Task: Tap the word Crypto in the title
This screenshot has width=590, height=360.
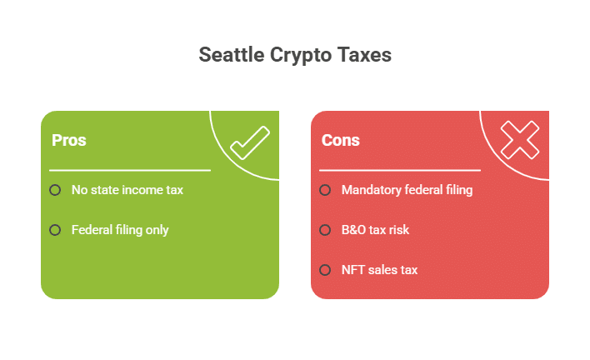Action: pyautogui.click(x=301, y=56)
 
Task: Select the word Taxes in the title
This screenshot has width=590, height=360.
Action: pyautogui.click(x=364, y=54)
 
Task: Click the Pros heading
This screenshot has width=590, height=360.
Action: pyautogui.click(x=69, y=140)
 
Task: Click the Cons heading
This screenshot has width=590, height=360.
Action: pyautogui.click(x=341, y=140)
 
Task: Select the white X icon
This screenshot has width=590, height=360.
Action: pyautogui.click(x=520, y=140)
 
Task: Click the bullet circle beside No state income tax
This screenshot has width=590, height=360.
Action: pyautogui.click(x=55, y=190)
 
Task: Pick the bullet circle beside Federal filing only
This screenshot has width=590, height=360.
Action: pyautogui.click(x=55, y=230)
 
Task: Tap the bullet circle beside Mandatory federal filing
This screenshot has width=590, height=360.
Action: pyautogui.click(x=325, y=190)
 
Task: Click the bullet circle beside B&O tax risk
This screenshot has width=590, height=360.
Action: pyautogui.click(x=325, y=230)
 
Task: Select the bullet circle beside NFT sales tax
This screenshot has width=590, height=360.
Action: pyautogui.click(x=325, y=270)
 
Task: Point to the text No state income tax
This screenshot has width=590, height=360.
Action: pyautogui.click(x=127, y=190)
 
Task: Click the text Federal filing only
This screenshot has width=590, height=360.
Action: pyautogui.click(x=120, y=230)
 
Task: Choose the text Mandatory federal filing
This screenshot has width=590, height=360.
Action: pyautogui.click(x=407, y=190)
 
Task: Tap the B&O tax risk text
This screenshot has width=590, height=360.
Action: pyautogui.click(x=375, y=230)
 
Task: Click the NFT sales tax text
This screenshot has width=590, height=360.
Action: pyautogui.click(x=380, y=270)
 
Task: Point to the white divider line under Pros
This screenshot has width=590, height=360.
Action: pyautogui.click(x=130, y=170)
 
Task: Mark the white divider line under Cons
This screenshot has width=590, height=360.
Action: pyautogui.click(x=400, y=170)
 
